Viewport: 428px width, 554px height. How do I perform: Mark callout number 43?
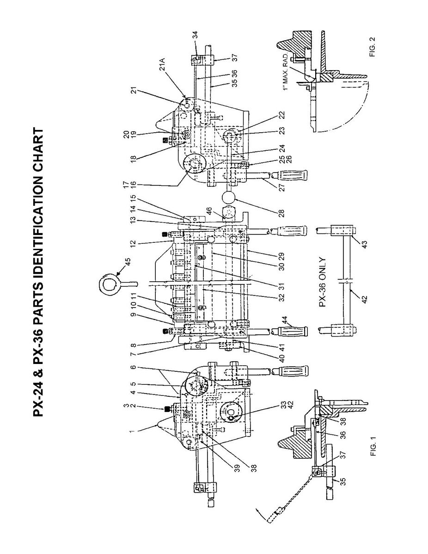[x=363, y=244]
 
